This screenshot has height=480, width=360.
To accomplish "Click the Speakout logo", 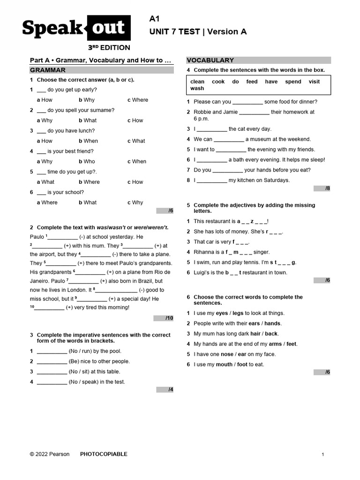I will pos(74,29).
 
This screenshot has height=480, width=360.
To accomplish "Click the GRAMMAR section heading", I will pos(48,70).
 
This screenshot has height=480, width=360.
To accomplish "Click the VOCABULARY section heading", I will pos(210,60).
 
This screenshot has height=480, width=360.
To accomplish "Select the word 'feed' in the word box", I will pos(252,82).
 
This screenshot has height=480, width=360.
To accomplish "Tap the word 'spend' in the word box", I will pos(293,82).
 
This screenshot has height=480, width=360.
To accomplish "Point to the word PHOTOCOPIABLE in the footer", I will pos(104,454).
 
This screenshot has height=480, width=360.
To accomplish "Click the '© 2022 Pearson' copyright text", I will pos(50,454).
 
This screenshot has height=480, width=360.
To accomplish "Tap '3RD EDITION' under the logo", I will pos(109,47).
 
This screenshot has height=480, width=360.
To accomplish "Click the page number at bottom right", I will pos(323,454).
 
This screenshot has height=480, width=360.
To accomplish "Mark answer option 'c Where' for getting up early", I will pos(138,100).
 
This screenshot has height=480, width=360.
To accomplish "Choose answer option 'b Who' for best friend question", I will pos(87,161).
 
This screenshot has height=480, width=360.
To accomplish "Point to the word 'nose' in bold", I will pos(227,354).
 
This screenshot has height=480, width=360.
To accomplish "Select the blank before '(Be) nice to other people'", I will pos(52,361).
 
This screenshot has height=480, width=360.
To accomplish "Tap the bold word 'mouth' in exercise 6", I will pos(224,364).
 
